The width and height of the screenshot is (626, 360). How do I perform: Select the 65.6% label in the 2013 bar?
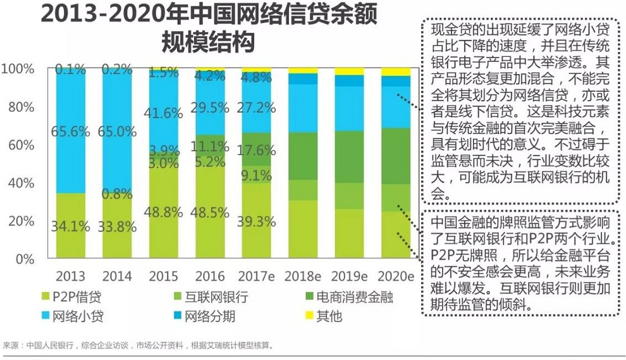(x=71, y=132)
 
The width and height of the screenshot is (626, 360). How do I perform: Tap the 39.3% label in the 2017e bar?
(x=256, y=221)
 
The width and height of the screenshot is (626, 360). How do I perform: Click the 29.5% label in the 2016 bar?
(x=211, y=108)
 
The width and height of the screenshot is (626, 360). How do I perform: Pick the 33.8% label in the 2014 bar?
(x=118, y=226)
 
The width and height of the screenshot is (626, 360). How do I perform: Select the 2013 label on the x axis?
(x=71, y=276)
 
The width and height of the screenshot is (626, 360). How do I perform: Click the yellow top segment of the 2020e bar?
(x=396, y=71)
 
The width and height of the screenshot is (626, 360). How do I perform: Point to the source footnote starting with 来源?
(x=139, y=345)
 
